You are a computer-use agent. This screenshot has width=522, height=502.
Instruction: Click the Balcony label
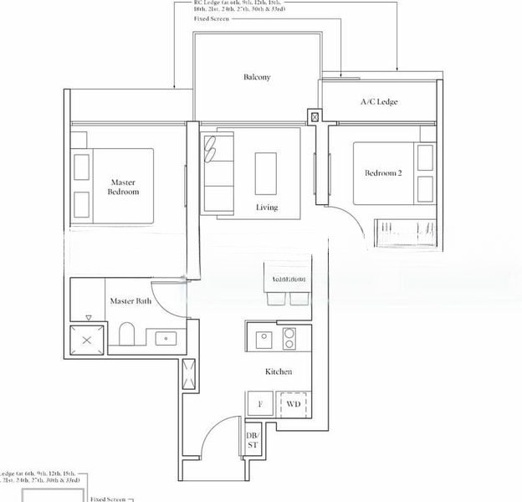click(x=257, y=78)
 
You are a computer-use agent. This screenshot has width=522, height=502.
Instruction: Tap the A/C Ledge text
click(x=379, y=102)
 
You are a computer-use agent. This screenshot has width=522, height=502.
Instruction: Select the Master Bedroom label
click(x=123, y=187)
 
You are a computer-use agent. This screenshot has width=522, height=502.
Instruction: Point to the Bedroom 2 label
click(x=383, y=173)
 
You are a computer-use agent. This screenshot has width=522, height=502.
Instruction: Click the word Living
click(x=268, y=207)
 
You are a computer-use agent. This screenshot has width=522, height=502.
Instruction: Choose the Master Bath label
click(x=130, y=301)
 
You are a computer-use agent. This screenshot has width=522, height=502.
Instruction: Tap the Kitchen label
click(x=279, y=371)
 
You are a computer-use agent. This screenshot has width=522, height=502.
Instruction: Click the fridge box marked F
click(x=260, y=405)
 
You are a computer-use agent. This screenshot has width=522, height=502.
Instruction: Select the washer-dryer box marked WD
click(x=293, y=405)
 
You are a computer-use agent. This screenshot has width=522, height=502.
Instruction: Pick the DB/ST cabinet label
click(x=252, y=440)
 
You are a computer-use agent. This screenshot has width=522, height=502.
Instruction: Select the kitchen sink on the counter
click(x=262, y=339)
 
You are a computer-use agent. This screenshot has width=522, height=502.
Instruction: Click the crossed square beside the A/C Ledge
click(x=315, y=117)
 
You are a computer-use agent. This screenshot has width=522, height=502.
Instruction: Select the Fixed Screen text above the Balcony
click(x=212, y=18)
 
